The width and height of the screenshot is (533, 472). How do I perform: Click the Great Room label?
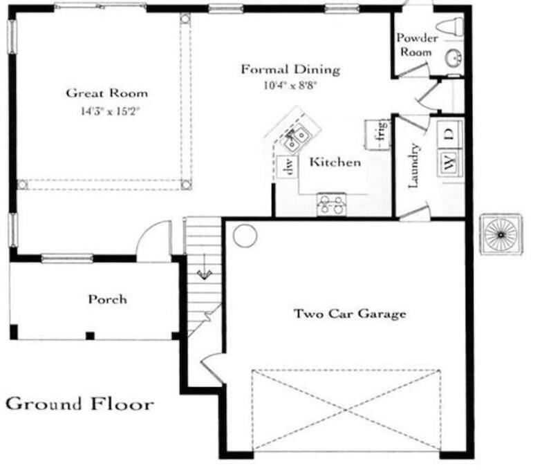click(107, 93)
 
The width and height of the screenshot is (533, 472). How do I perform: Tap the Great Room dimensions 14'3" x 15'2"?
click(111, 111)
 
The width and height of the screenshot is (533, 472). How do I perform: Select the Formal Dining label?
click(290, 70)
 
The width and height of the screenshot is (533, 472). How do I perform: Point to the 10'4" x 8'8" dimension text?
click(290, 85)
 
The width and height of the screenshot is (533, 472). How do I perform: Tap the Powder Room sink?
click(453, 58)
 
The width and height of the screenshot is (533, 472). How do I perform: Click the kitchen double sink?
click(294, 138)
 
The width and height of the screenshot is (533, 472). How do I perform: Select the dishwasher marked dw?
click(288, 167)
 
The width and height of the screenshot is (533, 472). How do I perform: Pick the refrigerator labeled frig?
click(377, 135)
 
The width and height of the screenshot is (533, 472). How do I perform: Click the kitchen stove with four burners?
click(332, 205)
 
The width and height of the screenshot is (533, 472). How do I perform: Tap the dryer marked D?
click(450, 134)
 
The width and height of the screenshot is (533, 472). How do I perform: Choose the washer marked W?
click(450, 163)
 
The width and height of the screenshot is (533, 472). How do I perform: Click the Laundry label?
click(413, 166)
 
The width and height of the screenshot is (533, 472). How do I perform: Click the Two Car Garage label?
click(350, 313)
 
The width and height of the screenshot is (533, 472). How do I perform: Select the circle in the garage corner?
click(245, 236)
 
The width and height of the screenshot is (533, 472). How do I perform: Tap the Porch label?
click(108, 299)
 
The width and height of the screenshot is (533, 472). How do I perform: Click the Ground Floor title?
click(80, 404)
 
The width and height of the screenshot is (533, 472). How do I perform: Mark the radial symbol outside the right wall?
click(501, 234)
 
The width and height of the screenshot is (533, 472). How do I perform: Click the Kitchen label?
click(335, 162)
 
